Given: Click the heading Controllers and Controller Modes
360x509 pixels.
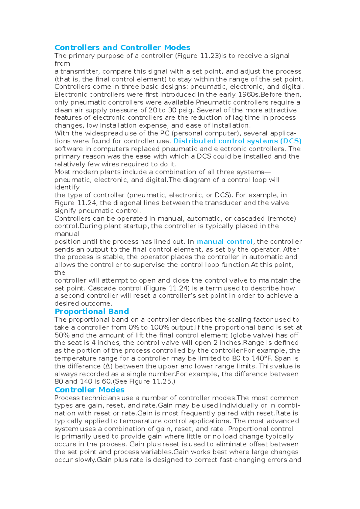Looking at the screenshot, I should [122, 48].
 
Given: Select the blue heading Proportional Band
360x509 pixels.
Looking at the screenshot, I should [92, 311].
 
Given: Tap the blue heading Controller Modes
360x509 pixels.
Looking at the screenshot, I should [89, 390].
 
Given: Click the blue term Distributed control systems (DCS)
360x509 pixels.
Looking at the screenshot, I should [237, 141].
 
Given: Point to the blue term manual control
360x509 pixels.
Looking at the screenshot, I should [224, 242].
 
